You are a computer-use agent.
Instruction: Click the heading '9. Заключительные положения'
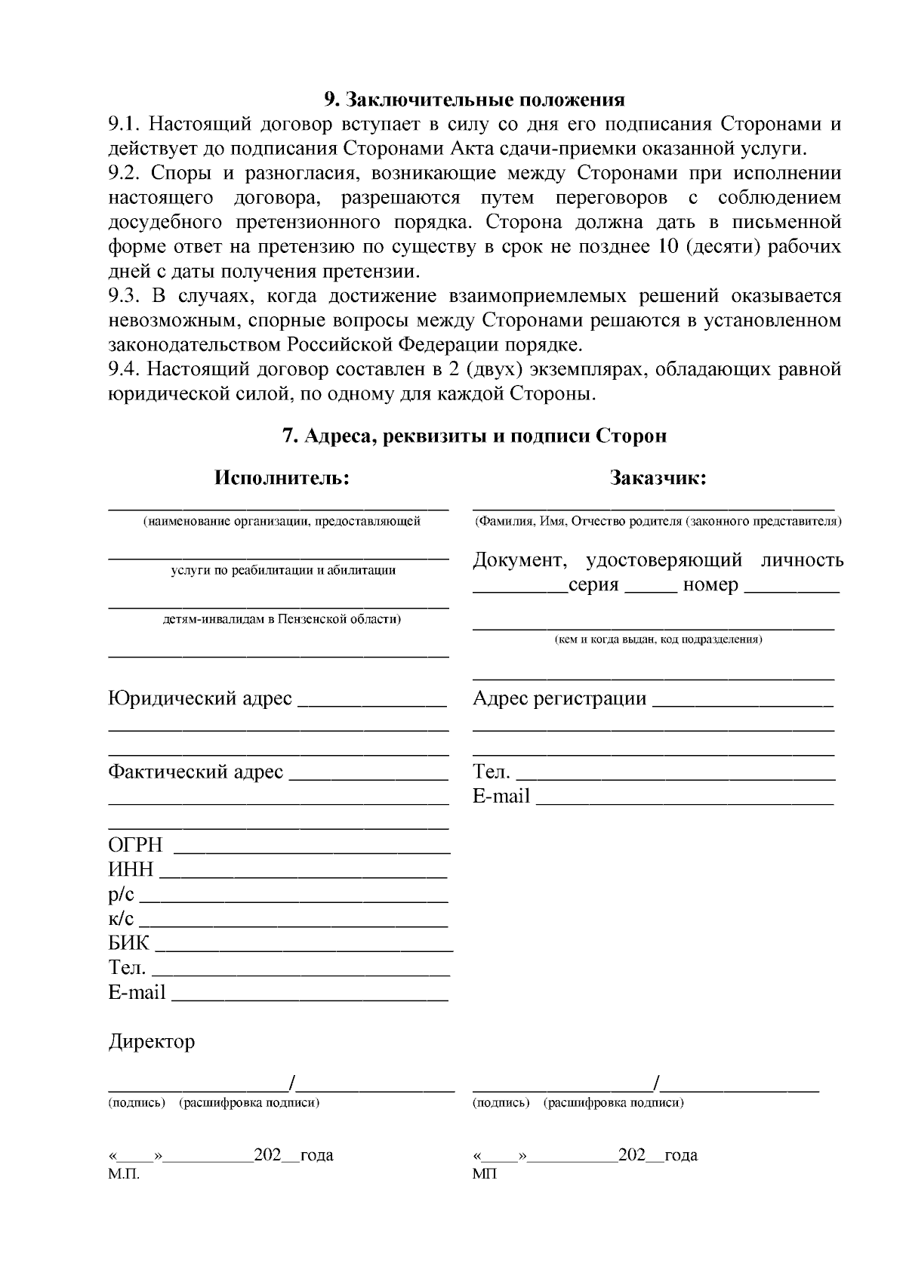(x=474, y=100)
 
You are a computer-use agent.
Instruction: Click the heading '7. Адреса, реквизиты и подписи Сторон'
(x=474, y=436)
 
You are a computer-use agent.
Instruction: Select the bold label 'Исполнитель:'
(x=282, y=478)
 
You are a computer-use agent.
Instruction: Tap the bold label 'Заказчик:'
(x=658, y=478)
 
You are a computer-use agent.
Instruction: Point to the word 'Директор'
(x=152, y=1042)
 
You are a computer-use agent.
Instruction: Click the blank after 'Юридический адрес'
(x=372, y=704)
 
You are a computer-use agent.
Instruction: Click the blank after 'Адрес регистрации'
(x=742, y=704)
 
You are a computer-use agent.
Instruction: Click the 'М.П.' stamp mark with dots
(x=125, y=1175)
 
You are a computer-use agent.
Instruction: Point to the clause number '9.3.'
(x=125, y=296)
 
